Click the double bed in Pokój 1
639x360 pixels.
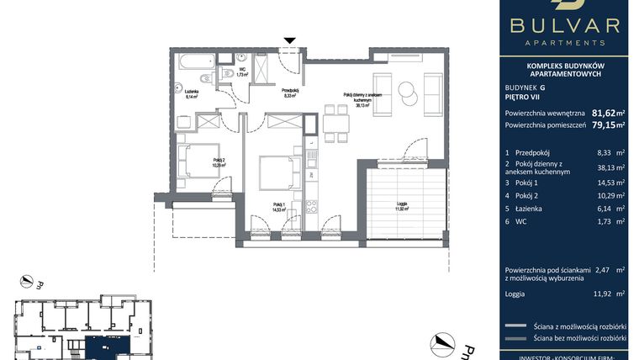(x=276, y=173)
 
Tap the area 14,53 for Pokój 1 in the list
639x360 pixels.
(x=603, y=182)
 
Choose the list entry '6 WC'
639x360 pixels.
(x=515, y=222)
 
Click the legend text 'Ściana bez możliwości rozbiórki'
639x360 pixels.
(x=580, y=339)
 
